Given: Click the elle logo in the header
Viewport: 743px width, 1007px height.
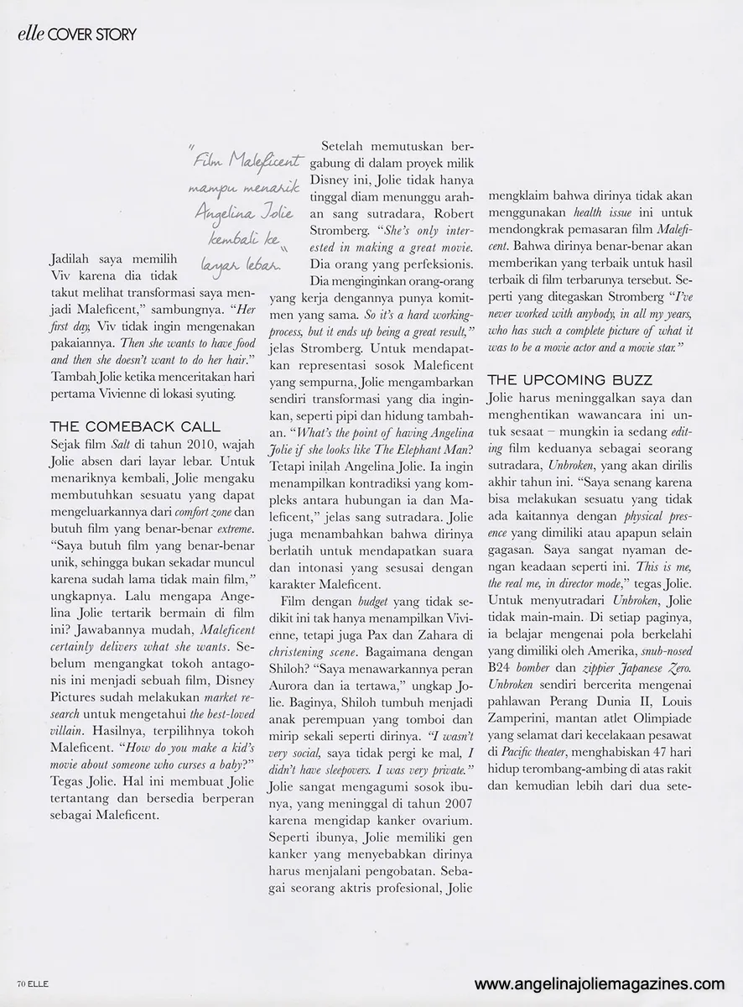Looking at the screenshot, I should (29, 34).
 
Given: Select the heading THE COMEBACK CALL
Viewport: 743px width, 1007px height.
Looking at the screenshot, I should (135, 426).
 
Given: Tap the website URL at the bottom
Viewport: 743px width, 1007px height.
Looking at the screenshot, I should (599, 984).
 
